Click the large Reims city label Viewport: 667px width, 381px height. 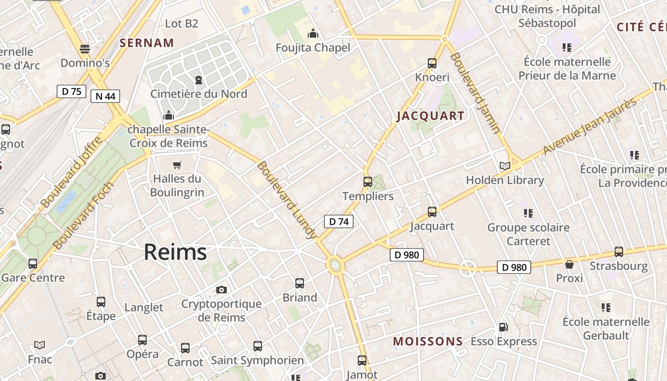pos(175,252)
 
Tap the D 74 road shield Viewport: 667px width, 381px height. pos(339,221)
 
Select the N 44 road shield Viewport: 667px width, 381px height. pos(105,96)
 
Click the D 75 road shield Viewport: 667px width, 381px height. pos(71,91)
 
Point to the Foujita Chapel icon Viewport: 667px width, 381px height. pos(313,33)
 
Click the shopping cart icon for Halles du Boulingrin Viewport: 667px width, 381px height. pos(177,165)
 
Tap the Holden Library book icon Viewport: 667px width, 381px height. pos(505,166)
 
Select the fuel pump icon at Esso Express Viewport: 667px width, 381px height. pos(503,327)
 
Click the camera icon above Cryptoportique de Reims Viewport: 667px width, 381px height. pos(222,290)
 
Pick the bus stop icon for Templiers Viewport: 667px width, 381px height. pos(368,181)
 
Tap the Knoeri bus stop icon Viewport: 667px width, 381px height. pos(432,63)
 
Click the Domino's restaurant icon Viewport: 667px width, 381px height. pos(85,49)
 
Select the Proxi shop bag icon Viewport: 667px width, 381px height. pos(569,264)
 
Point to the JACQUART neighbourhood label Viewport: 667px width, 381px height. pos(430,116)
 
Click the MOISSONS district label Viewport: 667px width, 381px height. pos(428,341)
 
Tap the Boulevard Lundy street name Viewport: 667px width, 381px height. pos(286,200)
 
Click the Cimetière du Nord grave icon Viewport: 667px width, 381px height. pos(199,80)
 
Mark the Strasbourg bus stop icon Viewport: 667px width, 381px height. pos(619,251)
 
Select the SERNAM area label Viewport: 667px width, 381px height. pos(147,43)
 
